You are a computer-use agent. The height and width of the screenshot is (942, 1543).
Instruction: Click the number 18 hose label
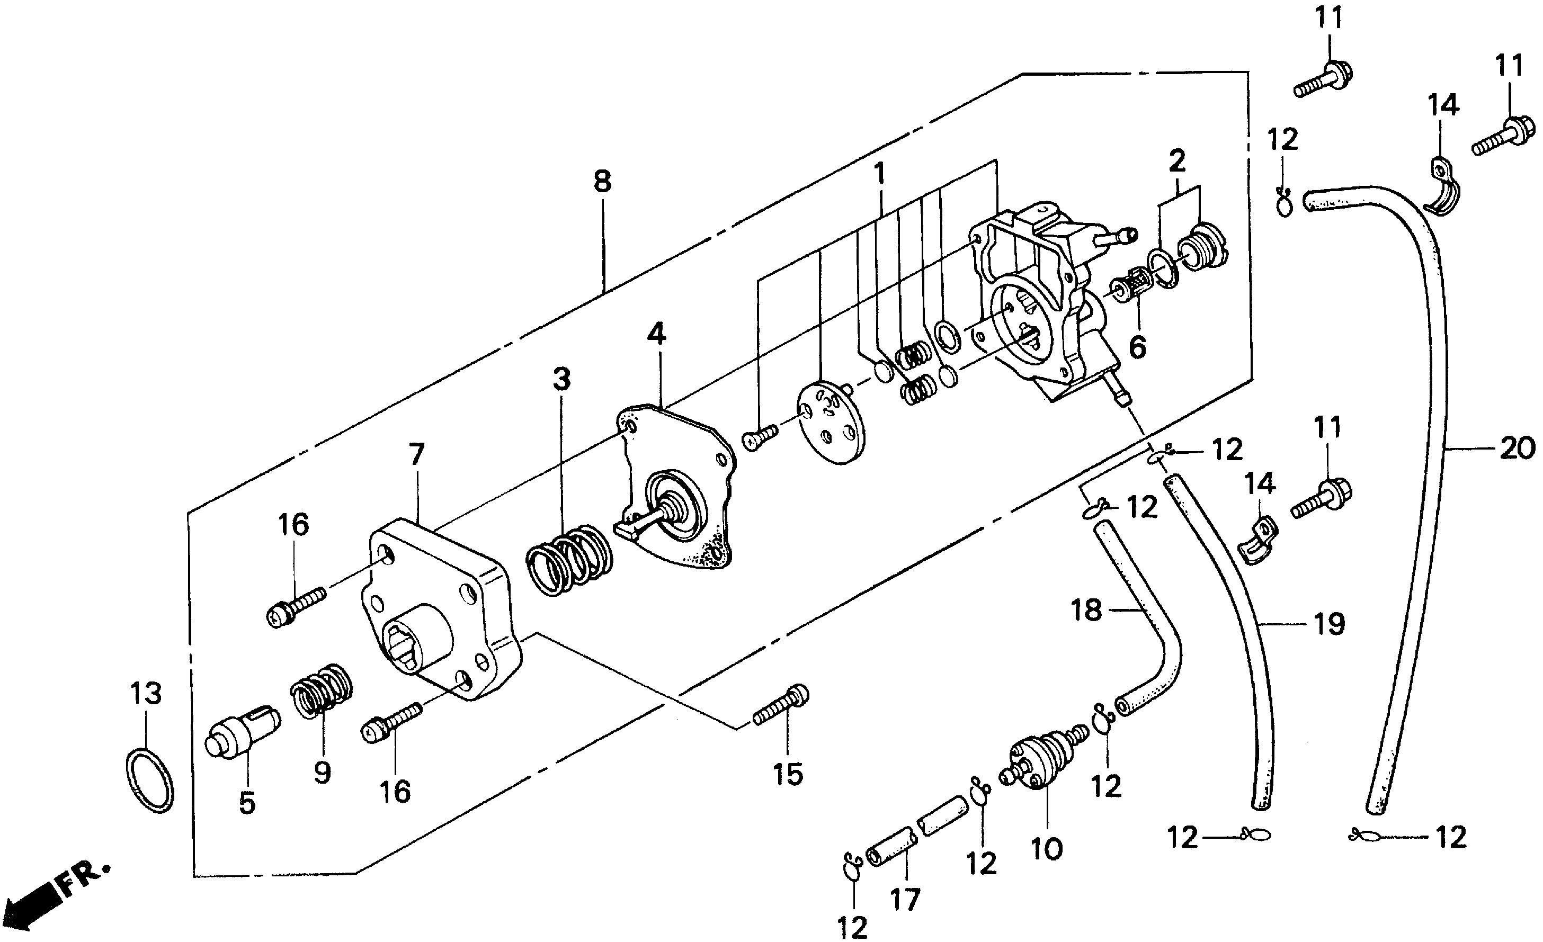[x=1086, y=609]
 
